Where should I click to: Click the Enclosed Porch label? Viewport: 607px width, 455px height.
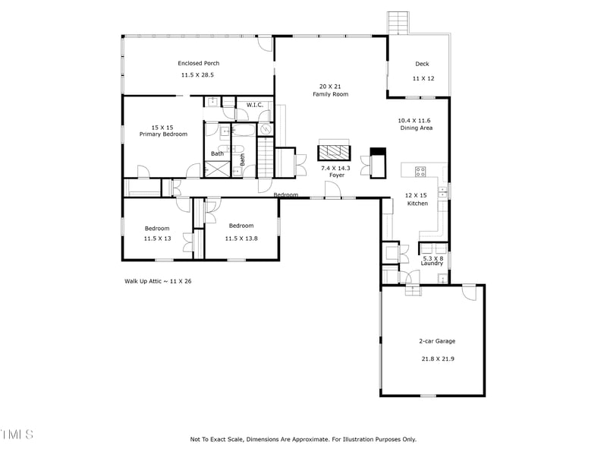pos(199,63)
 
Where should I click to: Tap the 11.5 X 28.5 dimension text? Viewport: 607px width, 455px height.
pos(197,74)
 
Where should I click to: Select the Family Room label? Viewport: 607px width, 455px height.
pos(331,94)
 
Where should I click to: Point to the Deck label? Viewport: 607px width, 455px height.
pos(422,64)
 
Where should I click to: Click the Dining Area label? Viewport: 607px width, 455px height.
pos(416,128)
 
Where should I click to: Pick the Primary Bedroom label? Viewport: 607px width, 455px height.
pos(163,134)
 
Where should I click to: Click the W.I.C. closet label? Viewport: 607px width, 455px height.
pos(255,105)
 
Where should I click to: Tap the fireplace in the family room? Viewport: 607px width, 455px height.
pos(335,153)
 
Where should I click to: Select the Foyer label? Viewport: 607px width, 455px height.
pos(337,175)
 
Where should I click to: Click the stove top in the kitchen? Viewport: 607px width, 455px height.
pos(420,172)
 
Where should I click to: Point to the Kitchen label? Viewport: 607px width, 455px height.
pos(417,204)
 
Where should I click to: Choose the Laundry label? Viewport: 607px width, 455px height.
pos(432,264)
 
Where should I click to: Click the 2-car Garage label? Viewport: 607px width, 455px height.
pos(437,341)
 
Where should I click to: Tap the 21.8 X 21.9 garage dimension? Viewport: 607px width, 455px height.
pos(438,359)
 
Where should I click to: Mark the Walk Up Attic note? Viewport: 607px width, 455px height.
pos(158,281)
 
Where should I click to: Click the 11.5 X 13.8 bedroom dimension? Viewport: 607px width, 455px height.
pos(241,239)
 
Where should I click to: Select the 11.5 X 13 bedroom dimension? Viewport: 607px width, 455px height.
pos(157,239)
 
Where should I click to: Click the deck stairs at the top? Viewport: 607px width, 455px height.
pos(398,24)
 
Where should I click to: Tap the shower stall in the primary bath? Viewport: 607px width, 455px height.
pos(217,169)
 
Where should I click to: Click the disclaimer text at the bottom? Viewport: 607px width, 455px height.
pos(303,439)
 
